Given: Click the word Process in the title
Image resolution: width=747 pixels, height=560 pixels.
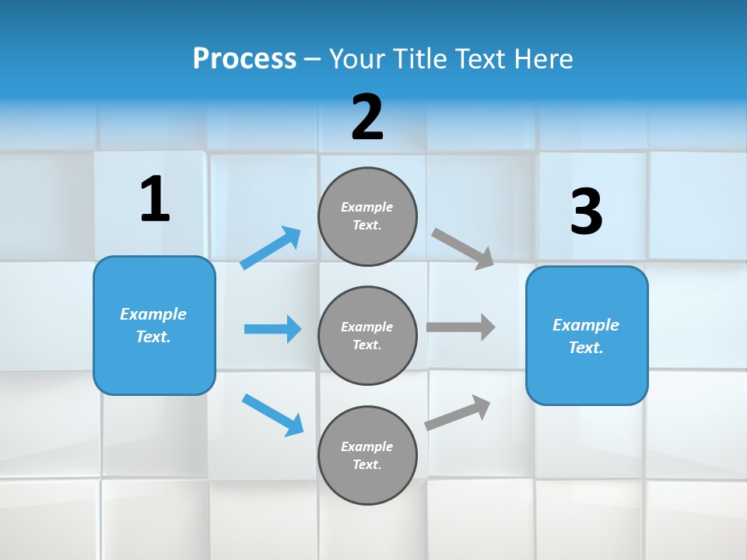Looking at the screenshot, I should point(244,58).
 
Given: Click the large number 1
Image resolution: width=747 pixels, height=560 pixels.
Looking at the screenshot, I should point(155,200).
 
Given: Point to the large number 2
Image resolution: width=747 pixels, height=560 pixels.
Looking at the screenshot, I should point(367,117).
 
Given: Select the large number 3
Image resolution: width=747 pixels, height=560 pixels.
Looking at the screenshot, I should point(586,212).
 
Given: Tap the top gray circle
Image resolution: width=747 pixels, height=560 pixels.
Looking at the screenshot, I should point(367,216).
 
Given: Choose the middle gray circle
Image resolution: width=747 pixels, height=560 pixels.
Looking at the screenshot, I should point(367,335).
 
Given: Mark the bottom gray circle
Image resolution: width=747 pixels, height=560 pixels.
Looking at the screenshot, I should point(367,455).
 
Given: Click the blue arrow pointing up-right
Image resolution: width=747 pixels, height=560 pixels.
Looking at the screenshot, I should point(271,248).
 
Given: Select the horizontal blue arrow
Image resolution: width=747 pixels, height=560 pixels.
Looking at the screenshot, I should point(272,329).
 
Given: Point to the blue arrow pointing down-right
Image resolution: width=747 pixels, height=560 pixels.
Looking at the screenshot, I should point(272,415).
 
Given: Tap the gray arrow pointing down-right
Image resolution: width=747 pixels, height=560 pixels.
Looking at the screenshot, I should point(463,248).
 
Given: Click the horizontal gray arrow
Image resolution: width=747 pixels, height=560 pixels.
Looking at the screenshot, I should point(461,327).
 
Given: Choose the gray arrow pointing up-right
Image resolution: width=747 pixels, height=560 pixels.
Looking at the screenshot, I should point(458,413).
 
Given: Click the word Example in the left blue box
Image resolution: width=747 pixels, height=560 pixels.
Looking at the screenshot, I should point(153,314).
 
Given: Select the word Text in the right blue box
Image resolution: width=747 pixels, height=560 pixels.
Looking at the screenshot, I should point(585,348).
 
